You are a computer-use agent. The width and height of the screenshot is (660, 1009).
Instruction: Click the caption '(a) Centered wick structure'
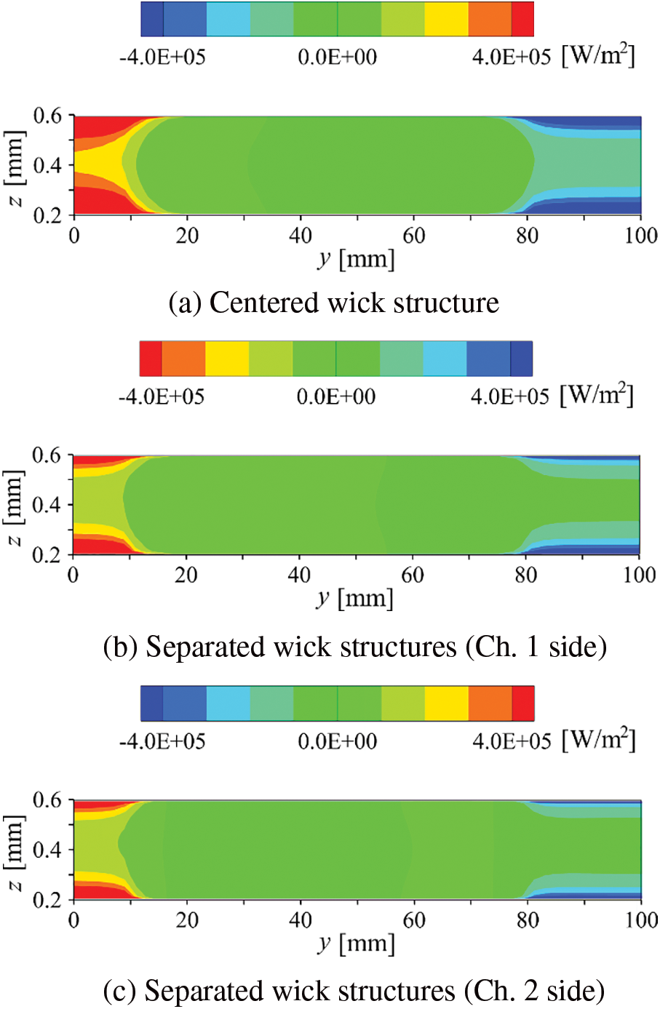(333, 303)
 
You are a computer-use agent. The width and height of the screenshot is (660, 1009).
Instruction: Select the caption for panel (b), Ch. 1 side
(355, 647)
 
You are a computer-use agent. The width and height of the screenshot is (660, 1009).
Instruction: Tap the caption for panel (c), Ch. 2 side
(354, 991)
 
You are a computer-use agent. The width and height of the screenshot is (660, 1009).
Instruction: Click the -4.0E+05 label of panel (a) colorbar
(162, 57)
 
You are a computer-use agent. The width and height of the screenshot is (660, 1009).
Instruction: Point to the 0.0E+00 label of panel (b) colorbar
(336, 397)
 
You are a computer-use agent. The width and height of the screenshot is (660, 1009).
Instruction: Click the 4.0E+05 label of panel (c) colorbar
(512, 741)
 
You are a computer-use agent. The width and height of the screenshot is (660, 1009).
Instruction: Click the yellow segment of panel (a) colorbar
(446, 19)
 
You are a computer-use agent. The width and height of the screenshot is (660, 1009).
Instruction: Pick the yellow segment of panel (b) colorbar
(227, 359)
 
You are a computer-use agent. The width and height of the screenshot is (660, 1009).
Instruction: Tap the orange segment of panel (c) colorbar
(490, 703)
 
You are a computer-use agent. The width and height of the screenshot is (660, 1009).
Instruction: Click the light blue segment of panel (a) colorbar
(228, 19)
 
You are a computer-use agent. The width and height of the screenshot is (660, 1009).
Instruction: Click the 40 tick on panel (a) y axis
(301, 236)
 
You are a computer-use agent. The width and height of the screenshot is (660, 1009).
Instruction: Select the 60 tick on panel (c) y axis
(414, 920)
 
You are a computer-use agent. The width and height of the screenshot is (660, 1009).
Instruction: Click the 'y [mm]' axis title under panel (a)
(357, 258)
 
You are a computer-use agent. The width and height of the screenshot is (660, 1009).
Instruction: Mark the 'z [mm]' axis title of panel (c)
(15, 850)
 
